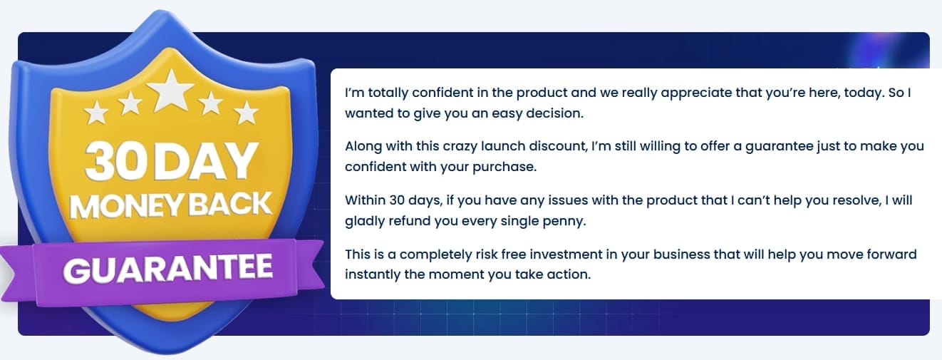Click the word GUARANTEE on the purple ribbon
(x=167, y=268)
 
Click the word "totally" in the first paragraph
(x=388, y=93)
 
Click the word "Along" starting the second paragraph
(x=363, y=146)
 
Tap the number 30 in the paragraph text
(x=397, y=200)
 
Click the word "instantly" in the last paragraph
(x=373, y=274)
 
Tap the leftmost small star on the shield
(x=96, y=113)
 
